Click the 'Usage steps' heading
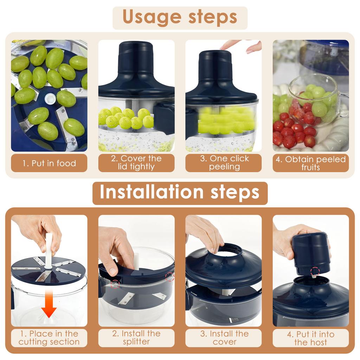click(180, 18)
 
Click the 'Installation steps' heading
click(180, 192)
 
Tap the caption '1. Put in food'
click(49, 163)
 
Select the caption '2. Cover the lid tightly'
click(136, 163)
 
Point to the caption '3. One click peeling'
click(224, 163)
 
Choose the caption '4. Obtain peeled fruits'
click(310, 163)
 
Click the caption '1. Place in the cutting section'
click(49, 337)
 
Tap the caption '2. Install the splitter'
click(136, 337)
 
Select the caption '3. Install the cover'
click(224, 337)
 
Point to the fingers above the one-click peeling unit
click(243, 46)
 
